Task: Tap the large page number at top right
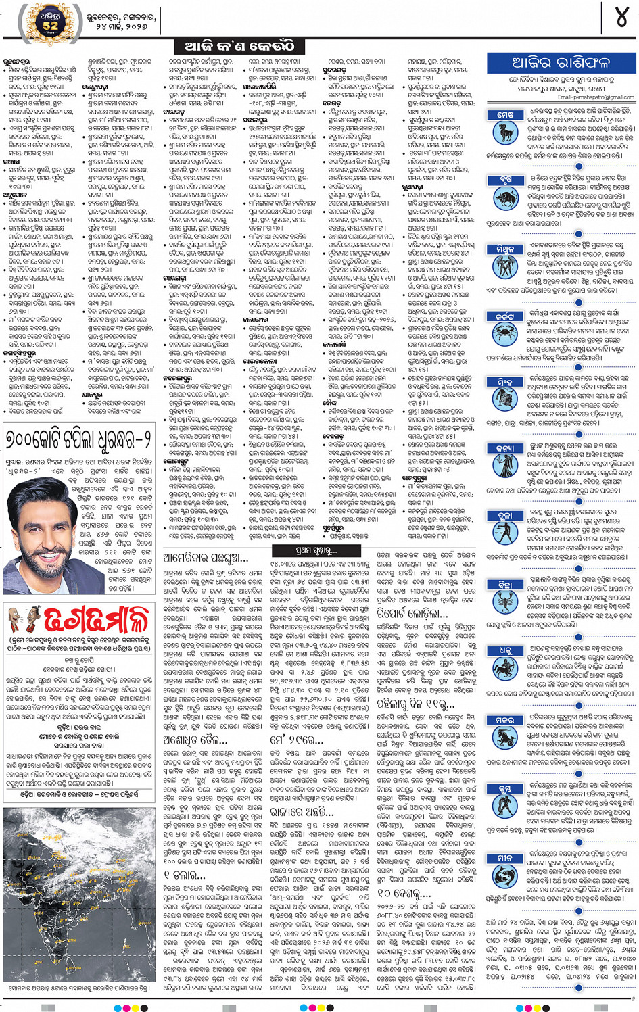coord(621,18)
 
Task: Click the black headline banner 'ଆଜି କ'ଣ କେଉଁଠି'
coord(239,46)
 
